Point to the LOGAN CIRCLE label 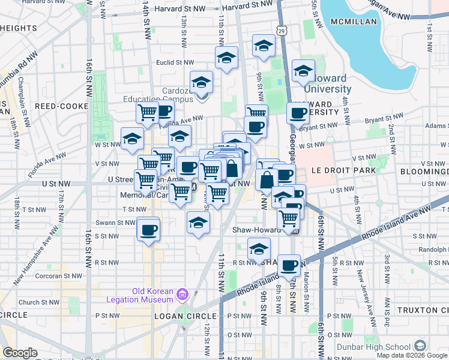[185, 316]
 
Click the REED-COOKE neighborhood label [61, 106]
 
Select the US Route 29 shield [282, 30]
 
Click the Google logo [20, 353]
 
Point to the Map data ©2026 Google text [412, 355]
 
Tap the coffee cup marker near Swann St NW [148, 229]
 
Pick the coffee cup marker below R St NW [289, 265]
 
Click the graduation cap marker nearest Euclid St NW [226, 58]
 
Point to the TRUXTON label [426, 310]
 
